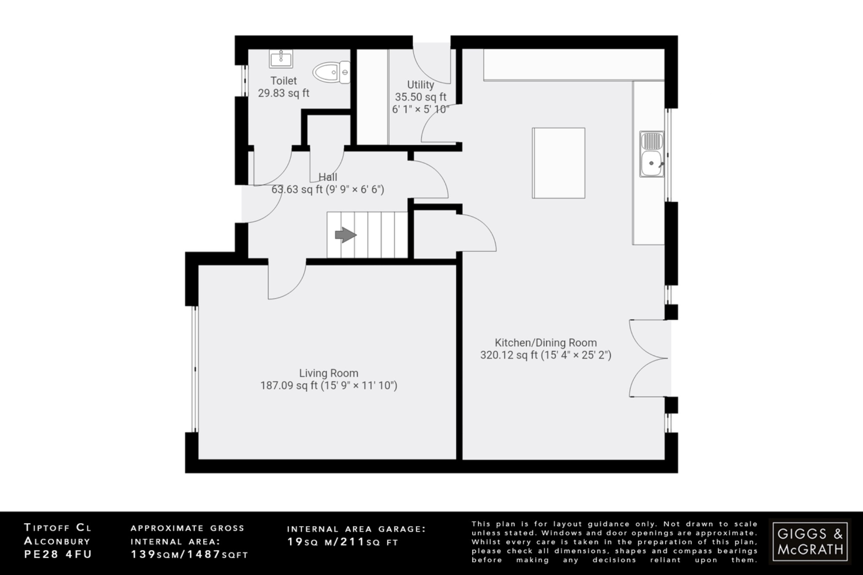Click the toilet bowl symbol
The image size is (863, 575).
click(331, 72)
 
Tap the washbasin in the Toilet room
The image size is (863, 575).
click(281, 59)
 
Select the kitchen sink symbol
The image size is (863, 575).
click(651, 154)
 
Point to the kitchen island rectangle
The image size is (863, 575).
click(558, 163)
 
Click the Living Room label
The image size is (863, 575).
click(329, 373)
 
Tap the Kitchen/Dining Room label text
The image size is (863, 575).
click(546, 342)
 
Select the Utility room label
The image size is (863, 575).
click(420, 85)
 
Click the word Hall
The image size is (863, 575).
click(328, 177)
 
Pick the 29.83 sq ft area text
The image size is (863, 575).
click(284, 93)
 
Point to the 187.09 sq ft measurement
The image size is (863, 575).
click(289, 385)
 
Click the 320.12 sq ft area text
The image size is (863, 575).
click(509, 355)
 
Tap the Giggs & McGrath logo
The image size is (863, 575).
click(810, 541)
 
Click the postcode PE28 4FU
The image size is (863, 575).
click(58, 554)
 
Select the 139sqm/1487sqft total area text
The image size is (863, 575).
click(189, 554)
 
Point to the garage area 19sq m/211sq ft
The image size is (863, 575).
click(343, 542)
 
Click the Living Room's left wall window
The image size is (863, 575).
click(195, 369)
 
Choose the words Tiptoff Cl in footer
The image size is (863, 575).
click(58, 527)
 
